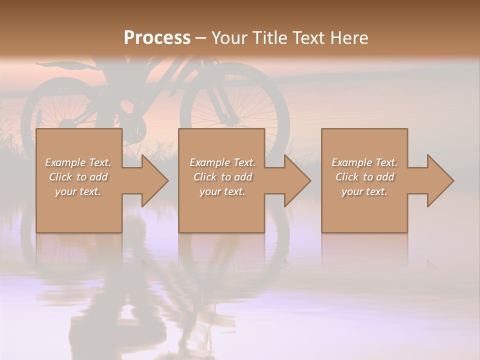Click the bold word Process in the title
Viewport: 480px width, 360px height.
pos(157,38)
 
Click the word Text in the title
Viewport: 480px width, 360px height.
pos(308,38)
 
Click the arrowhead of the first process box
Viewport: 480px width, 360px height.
pos(154,180)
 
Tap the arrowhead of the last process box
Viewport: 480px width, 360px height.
pos(440,180)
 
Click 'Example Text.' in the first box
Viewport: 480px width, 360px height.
pos(78,162)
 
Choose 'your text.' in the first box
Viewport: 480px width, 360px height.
pos(78,191)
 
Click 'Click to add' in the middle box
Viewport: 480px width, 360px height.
pos(222,177)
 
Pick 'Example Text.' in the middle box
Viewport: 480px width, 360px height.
pos(222,162)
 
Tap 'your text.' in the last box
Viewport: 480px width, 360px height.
pos(364,191)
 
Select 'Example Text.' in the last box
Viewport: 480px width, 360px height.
pos(364,162)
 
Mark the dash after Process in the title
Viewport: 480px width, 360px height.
pos(200,38)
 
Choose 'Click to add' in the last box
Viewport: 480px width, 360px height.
pos(364,177)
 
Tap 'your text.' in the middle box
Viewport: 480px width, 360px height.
pos(222,191)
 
